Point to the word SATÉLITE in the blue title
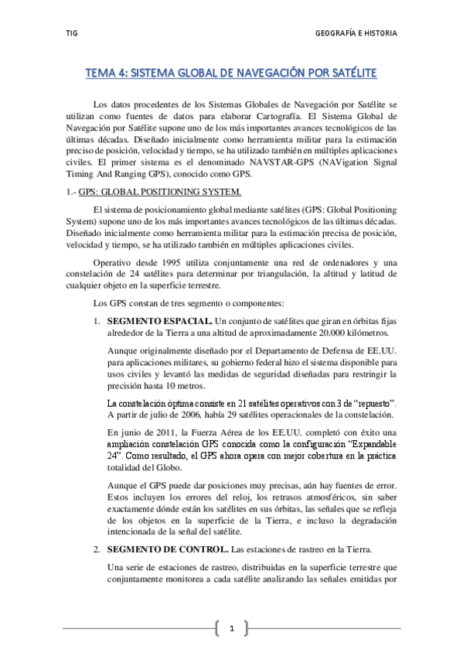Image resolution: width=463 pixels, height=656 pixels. [352, 73]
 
